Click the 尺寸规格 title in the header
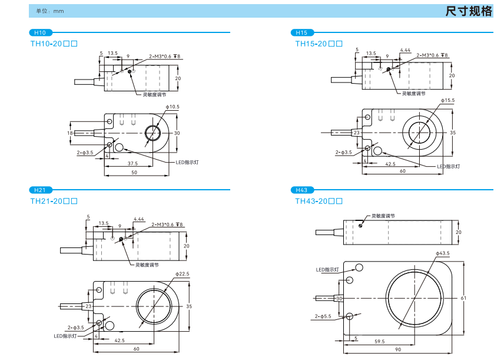469,11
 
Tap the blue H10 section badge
40,32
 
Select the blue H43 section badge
302,190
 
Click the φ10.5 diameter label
173,107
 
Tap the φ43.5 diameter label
443,253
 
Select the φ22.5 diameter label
183,274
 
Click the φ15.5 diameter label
447,100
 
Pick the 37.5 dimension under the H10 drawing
132,163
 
